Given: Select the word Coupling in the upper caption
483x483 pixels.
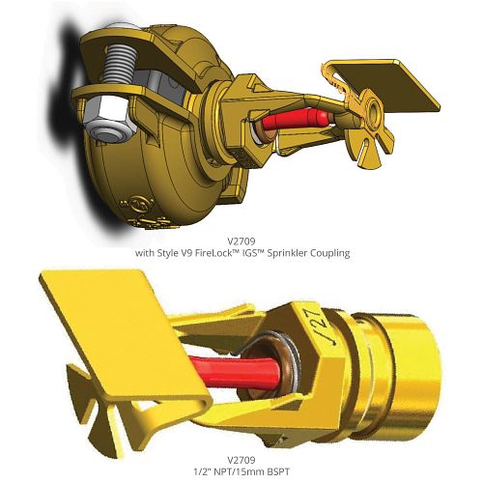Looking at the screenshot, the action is point(329,253).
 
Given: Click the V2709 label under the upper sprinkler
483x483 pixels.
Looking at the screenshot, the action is point(241,241).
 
